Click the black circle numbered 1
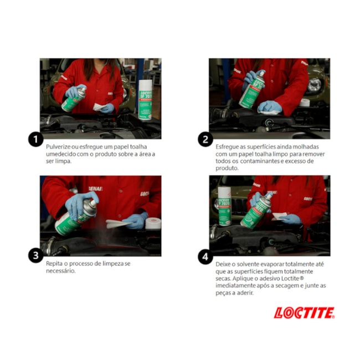36,139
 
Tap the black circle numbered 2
205,139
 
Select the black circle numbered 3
36,256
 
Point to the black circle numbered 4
205,256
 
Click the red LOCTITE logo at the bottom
304,313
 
